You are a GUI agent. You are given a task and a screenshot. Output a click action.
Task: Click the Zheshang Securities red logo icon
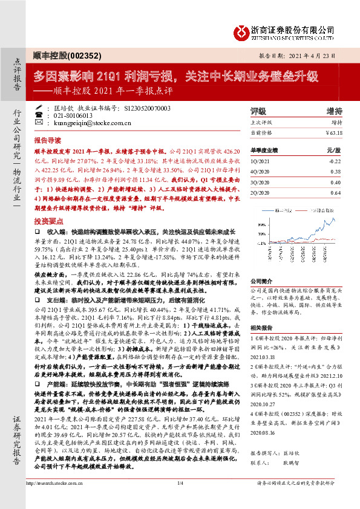point(240,30)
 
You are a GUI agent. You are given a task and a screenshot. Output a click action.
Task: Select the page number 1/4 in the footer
point(180,499)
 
